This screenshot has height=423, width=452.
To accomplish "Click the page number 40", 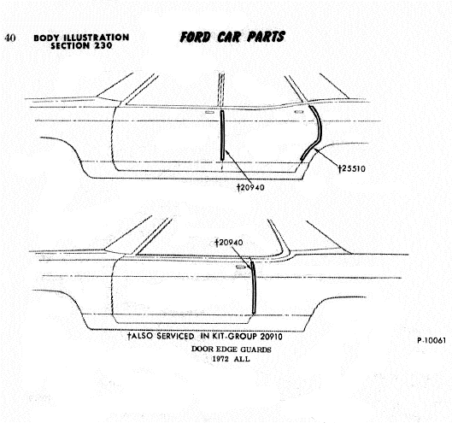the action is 10,38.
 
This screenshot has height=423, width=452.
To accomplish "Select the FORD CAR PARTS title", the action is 232,37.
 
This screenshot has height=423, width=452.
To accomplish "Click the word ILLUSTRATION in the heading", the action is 97,38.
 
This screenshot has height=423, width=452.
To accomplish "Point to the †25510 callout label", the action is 352,168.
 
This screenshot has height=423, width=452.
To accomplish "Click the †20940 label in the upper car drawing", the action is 250,187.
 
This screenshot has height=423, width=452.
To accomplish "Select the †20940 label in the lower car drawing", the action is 229,243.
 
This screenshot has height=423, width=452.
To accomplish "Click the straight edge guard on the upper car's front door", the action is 222,135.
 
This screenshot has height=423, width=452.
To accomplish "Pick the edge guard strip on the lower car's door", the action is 254,287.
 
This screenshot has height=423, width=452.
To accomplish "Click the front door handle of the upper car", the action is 209,112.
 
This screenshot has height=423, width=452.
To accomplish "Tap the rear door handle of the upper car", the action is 299,112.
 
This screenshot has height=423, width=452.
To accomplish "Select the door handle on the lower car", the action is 241,267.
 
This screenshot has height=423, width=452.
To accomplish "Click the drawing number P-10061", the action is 431,340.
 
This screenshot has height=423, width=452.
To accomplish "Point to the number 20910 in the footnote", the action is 271,337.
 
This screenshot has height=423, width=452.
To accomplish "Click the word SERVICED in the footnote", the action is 175,336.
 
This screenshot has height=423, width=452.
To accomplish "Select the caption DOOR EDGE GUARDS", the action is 232,350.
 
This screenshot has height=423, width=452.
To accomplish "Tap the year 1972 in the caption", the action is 220,359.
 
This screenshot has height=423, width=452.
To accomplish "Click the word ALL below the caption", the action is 242,359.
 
